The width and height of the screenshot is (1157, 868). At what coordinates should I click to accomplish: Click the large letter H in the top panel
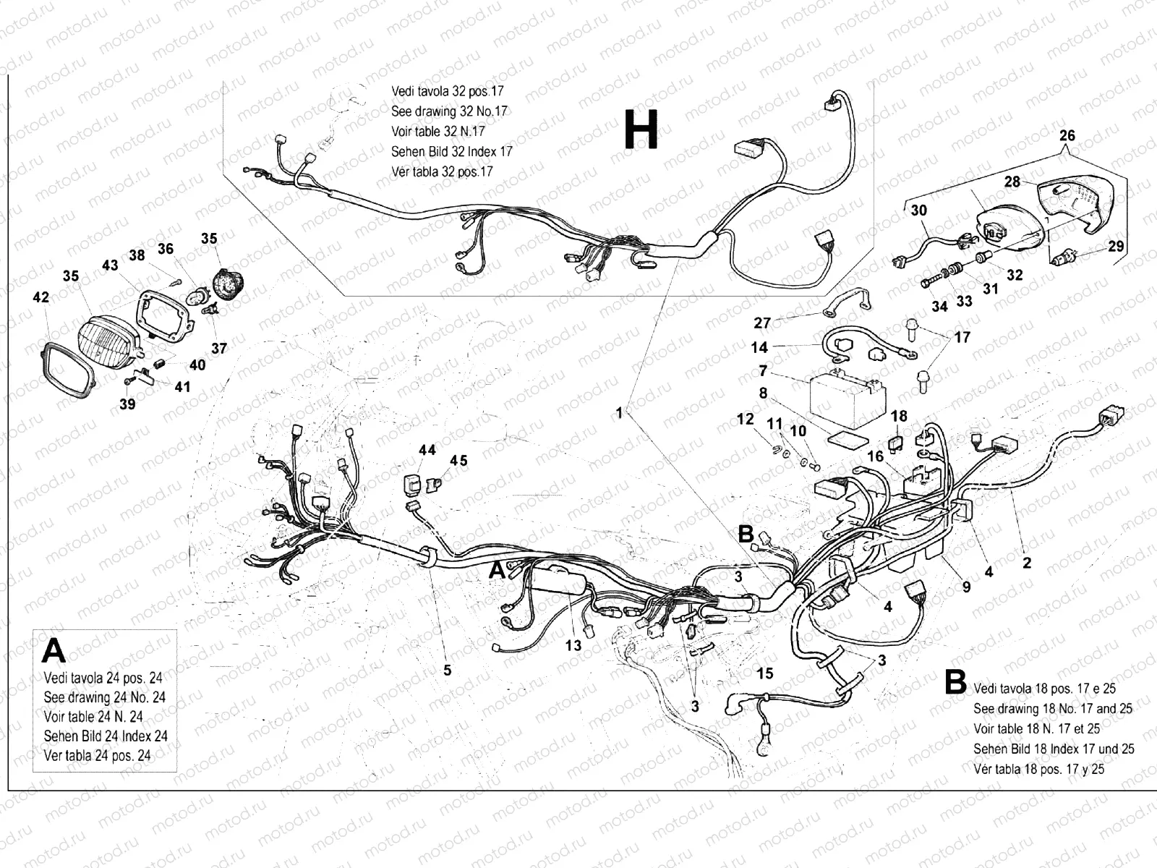click(641, 131)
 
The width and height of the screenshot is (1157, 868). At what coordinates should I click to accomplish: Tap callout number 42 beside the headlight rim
click(41, 297)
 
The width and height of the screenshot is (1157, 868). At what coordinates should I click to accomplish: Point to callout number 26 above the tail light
click(1067, 135)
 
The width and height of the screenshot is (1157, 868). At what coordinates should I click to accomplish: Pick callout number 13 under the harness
click(573, 645)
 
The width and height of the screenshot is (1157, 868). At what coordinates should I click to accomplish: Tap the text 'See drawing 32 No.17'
click(449, 111)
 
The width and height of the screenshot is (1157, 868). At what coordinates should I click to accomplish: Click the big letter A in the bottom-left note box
click(54, 651)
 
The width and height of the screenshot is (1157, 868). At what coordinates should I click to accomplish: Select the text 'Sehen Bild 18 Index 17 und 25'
click(1054, 749)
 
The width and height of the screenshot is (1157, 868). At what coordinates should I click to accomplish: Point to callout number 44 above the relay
click(427, 450)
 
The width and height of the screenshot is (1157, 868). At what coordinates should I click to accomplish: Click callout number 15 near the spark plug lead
click(765, 673)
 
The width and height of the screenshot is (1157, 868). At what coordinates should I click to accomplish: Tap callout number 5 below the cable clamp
click(448, 671)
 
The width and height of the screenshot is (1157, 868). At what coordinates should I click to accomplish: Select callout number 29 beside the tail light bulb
click(1116, 246)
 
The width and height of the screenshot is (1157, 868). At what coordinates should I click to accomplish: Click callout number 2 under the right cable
click(1026, 562)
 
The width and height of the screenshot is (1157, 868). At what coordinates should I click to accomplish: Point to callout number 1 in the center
click(619, 412)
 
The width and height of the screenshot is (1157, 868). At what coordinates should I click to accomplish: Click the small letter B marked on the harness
click(746, 534)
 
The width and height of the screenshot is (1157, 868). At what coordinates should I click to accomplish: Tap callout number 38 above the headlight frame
click(137, 255)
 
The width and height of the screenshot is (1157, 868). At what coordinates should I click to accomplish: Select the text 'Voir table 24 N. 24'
click(93, 717)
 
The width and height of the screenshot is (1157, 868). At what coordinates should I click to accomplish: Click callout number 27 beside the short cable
click(762, 323)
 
